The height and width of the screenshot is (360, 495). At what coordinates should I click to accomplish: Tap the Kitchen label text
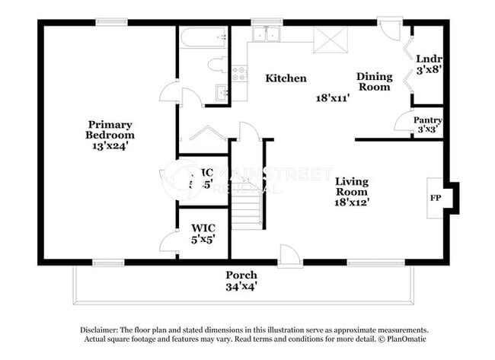(x=286, y=78)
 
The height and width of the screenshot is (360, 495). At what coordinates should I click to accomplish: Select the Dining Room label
(x=375, y=81)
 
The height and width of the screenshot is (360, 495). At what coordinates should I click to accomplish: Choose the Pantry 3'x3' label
(x=427, y=125)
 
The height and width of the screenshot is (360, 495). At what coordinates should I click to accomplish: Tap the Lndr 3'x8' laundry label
(x=430, y=65)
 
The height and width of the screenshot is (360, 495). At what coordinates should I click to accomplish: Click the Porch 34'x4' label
(x=241, y=280)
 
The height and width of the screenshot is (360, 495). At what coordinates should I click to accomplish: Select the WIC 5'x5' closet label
(x=203, y=233)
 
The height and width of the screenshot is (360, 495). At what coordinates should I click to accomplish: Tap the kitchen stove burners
(x=239, y=74)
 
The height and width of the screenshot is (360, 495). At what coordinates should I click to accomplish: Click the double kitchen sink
(x=267, y=34)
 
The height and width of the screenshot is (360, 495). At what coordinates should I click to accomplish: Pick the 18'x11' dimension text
(x=332, y=97)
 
